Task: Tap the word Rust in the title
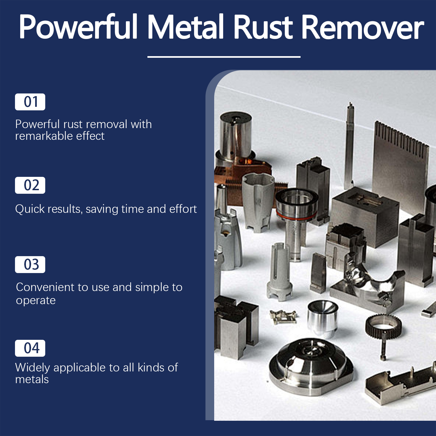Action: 263,27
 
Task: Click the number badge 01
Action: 30,102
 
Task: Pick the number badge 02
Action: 30,185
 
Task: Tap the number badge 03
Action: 30,265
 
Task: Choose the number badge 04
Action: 30,348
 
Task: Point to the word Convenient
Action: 45,287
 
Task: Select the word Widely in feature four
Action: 33,368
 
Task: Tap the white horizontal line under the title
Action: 224,57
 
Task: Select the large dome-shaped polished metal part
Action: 311,365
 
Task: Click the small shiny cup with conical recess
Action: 323,317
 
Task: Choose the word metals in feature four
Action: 32,380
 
